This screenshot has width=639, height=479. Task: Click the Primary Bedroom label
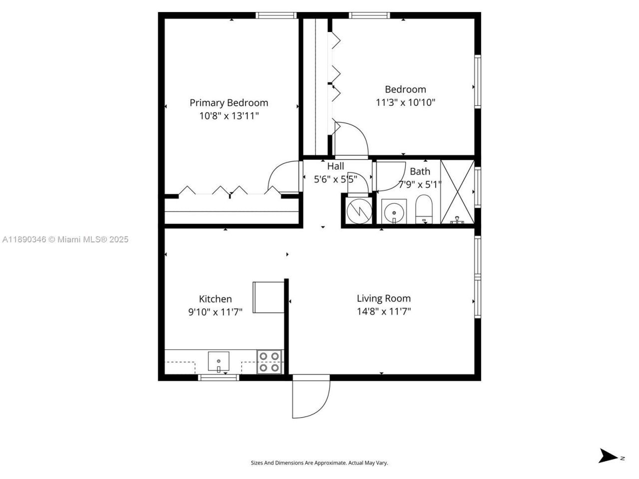229,103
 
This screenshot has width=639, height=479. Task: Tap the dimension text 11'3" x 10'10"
405,103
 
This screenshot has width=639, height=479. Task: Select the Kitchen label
215,299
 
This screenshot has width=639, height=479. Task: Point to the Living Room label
383,298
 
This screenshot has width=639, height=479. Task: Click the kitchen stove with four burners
270,362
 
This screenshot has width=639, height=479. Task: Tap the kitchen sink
219,361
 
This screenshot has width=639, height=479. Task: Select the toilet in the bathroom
423,210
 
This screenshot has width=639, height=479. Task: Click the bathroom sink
394,212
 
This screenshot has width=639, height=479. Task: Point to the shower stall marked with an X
457,192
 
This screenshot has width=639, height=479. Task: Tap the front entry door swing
310,397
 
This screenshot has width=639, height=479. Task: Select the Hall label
335,167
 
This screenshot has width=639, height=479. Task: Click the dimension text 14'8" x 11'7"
383,312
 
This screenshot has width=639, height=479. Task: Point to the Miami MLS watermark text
65,239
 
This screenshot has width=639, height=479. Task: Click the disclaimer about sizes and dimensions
319,463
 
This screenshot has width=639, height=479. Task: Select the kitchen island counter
269,297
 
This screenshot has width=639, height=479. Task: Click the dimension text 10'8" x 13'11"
229,116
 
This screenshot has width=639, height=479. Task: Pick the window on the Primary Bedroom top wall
276,15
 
